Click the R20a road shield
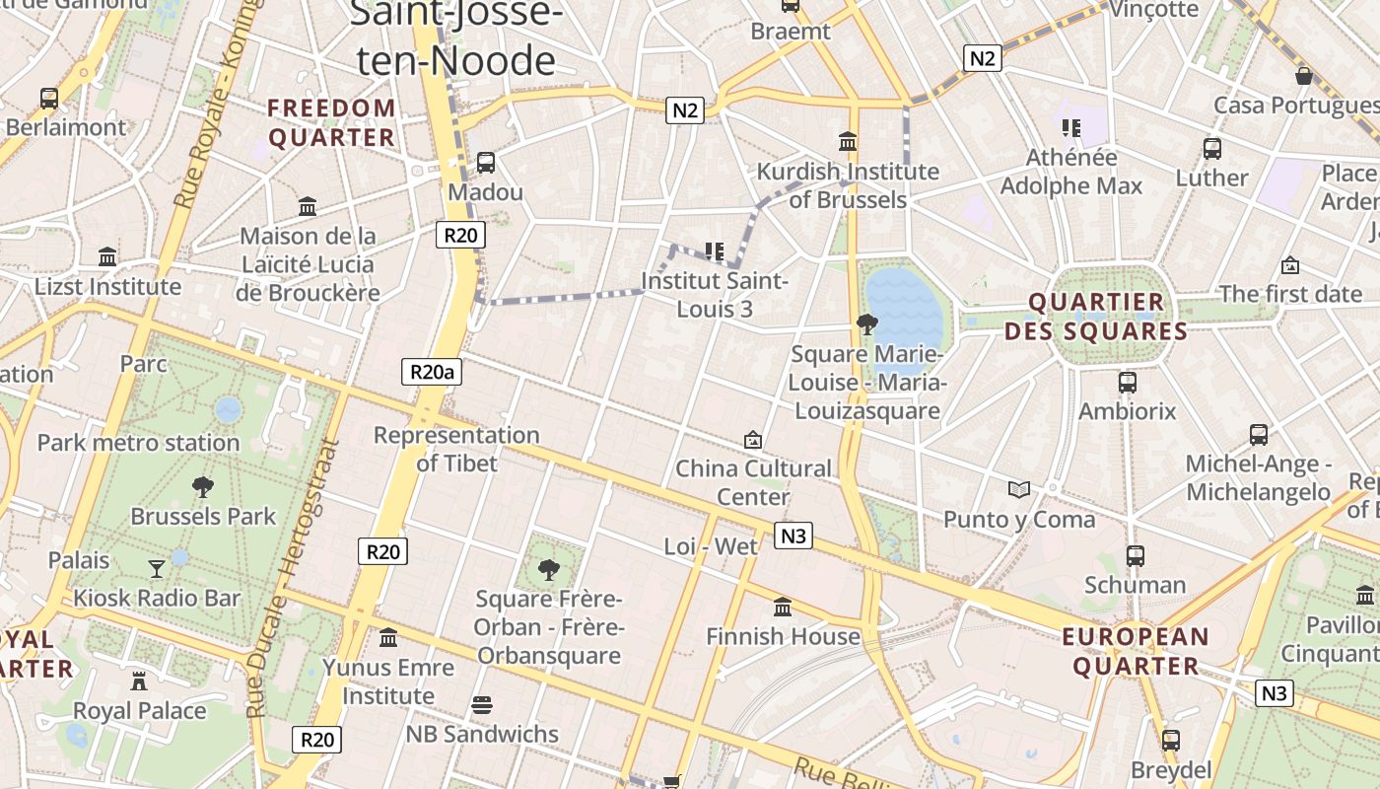432,372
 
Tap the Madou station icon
485,163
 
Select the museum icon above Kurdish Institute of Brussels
847,141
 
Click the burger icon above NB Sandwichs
482,705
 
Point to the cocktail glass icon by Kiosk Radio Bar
157,568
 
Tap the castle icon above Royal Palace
139,681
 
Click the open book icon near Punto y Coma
1018,489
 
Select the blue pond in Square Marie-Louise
903,306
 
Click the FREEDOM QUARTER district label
331,122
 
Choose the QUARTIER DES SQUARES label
1096,317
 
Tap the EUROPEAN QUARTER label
1135,651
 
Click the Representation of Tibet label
456,449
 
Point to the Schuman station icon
1135,556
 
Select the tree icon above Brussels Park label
203,486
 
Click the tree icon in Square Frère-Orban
548,568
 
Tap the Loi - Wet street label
711,546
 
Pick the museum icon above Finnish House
783,607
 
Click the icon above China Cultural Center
753,439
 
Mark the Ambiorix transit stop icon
1127,383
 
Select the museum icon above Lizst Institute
107,257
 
